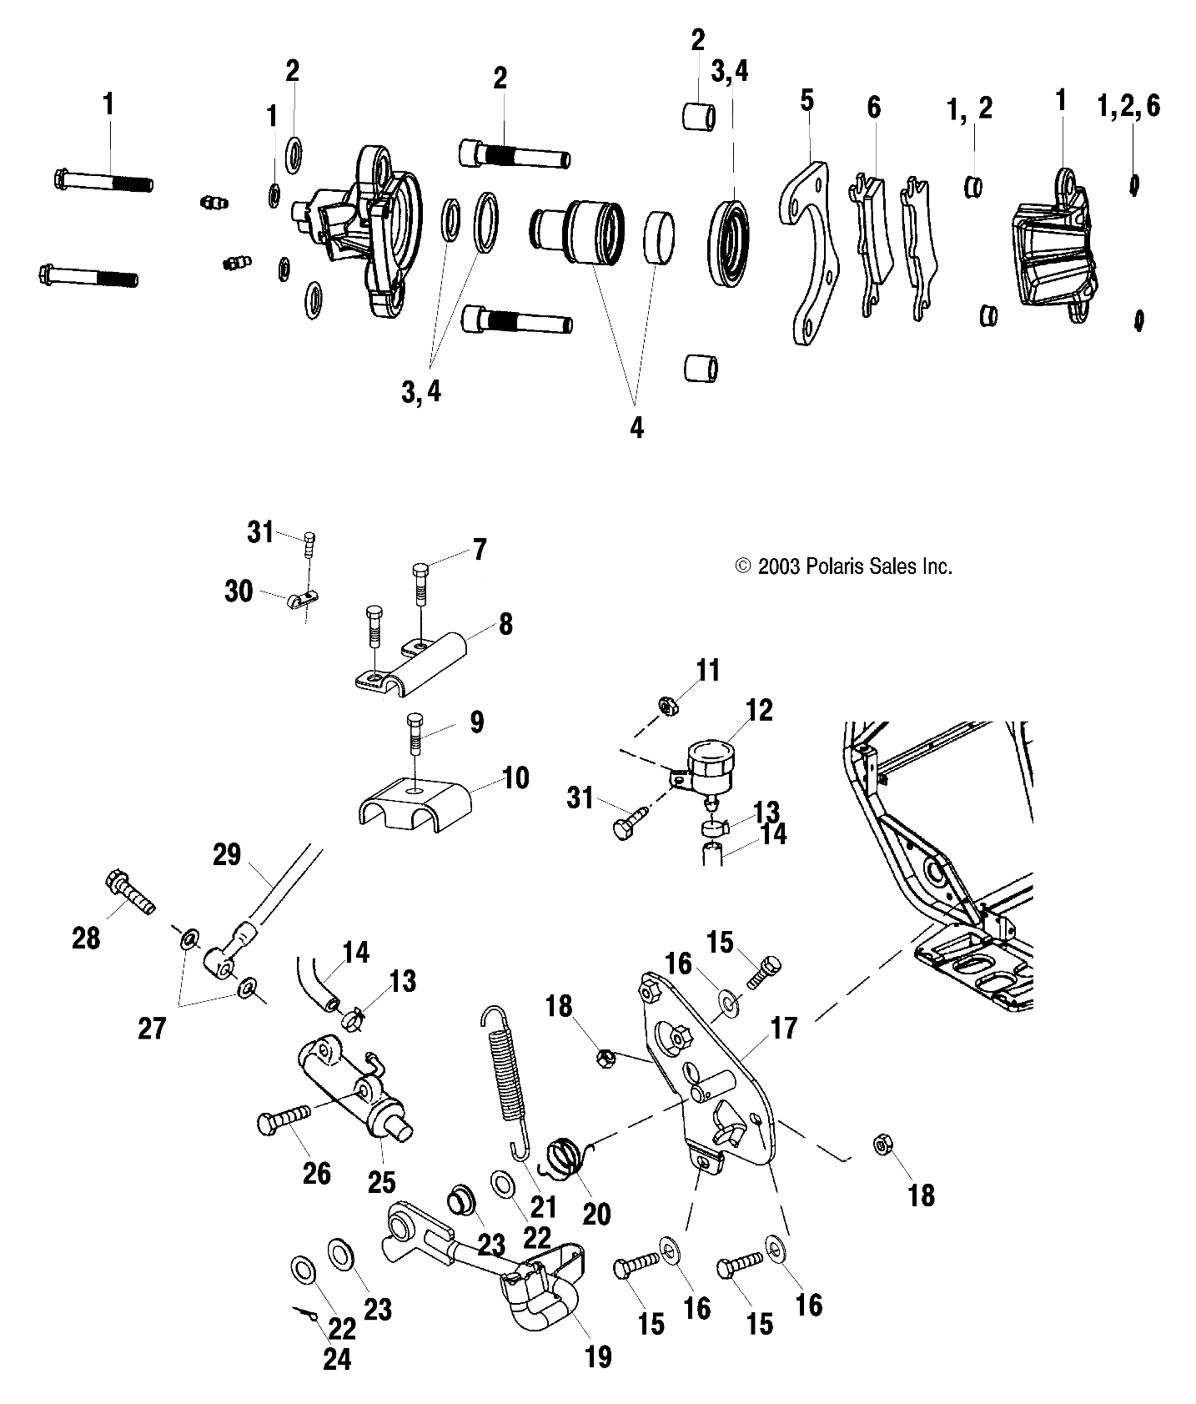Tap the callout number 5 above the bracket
[x=806, y=101]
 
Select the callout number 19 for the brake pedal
[x=598, y=1356]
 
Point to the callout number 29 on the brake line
[x=227, y=855]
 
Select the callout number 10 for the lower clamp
[x=515, y=777]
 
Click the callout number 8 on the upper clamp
[x=505, y=625]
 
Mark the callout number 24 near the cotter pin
[x=336, y=1359]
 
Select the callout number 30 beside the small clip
[x=239, y=591]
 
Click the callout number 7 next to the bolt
[x=479, y=551]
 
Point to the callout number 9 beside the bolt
[x=475, y=722]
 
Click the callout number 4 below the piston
[x=636, y=427]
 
